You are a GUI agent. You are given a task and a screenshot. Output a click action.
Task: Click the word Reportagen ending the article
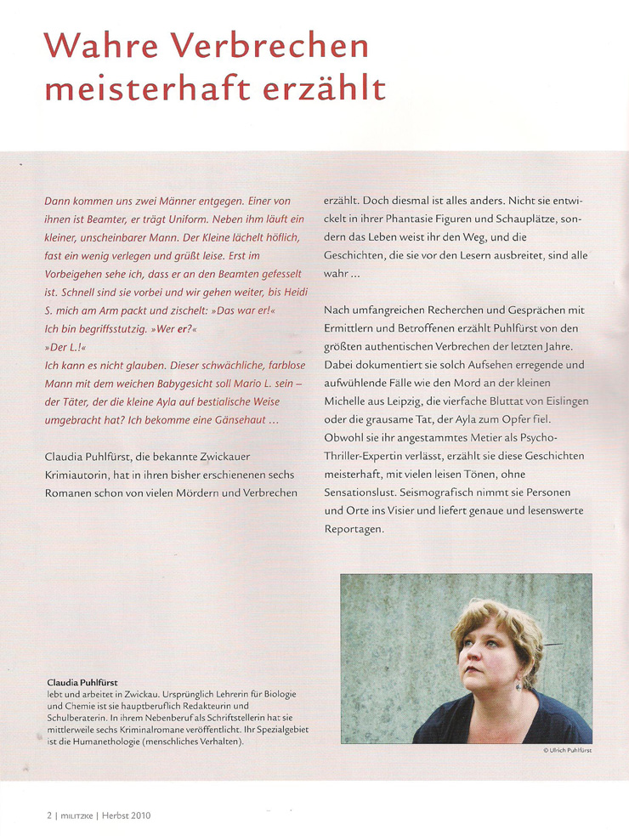[x=354, y=529]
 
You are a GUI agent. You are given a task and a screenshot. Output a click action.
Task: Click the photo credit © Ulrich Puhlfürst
[x=567, y=752]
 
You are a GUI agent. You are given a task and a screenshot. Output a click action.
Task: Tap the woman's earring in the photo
[x=516, y=683]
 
